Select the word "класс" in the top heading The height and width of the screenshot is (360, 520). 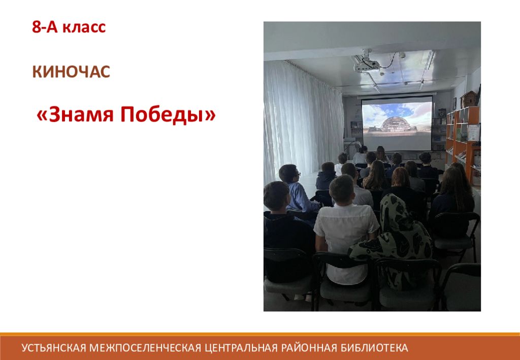pyautogui.click(x=84, y=27)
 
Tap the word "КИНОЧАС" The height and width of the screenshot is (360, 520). pyautogui.click(x=71, y=72)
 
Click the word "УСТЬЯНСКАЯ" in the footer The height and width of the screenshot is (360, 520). pyautogui.click(x=54, y=348)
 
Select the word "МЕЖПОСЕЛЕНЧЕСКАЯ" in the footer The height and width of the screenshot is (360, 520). pyautogui.click(x=146, y=348)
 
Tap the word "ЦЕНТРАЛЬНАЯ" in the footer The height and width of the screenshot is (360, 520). pyautogui.click(x=241, y=348)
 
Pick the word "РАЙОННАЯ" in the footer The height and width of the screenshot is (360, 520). pyautogui.click(x=309, y=348)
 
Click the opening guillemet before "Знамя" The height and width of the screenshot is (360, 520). pyautogui.click(x=42, y=116)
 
